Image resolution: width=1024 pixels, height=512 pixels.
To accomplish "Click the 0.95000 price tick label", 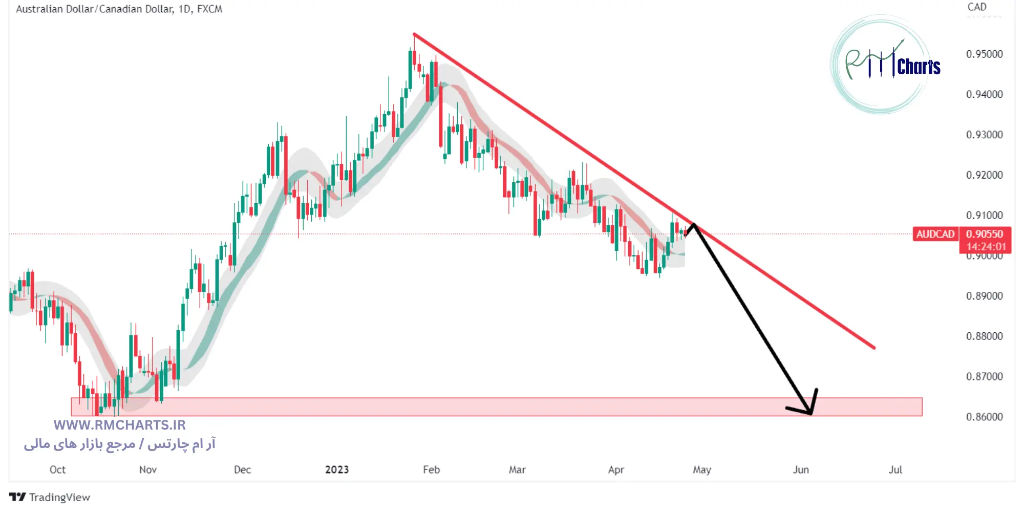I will pos(984,54).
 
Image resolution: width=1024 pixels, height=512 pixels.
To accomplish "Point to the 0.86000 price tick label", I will pos(984,417).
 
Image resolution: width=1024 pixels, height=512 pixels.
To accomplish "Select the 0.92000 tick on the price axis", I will pos(984,175).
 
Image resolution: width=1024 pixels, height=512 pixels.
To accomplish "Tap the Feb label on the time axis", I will pos(431,470).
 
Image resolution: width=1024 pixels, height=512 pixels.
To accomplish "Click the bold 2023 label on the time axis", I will pos(337,470).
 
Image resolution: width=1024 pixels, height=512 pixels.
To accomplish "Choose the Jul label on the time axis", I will pos(895,470).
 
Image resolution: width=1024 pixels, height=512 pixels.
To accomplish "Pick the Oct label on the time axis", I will pos(57,470).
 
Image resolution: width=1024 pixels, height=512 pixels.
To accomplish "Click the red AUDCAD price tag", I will pos(935,234).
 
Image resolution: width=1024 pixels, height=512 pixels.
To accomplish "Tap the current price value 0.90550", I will pos(985,234).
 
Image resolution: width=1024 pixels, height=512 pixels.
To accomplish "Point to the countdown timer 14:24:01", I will pos(986,247).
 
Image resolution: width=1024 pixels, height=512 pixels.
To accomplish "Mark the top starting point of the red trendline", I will pos(414,34).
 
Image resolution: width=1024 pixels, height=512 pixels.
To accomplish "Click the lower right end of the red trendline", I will pos(873,348).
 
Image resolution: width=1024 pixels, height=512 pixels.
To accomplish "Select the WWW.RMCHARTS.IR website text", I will pos(119,425).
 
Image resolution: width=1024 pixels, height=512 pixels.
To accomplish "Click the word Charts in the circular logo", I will pos(919,67).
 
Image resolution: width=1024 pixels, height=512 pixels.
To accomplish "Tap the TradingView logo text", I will pos(59,497).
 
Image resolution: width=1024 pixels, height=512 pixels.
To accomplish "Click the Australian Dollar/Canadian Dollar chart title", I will pos(119,9).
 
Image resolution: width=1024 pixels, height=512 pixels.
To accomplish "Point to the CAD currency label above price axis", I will pos(976,7).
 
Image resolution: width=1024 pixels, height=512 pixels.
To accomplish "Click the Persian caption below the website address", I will pos(119,444).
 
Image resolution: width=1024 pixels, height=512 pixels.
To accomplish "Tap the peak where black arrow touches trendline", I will pos(693,224).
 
